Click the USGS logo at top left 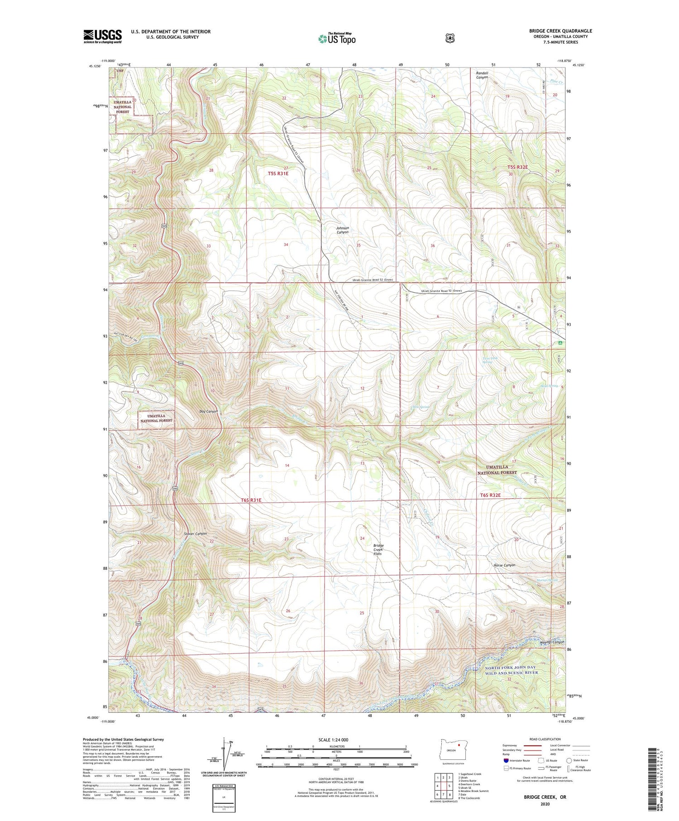(x=102, y=36)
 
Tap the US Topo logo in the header (x=337, y=38)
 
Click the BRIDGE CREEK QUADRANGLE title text (x=560, y=31)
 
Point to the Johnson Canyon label (x=342, y=230)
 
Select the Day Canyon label (x=209, y=411)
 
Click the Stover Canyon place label (x=196, y=533)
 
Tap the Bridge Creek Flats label (x=378, y=549)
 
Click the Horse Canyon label (x=504, y=565)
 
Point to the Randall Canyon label (x=482, y=75)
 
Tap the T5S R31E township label (x=278, y=173)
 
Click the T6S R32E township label (x=490, y=495)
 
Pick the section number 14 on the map (x=287, y=466)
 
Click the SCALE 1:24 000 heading (x=333, y=739)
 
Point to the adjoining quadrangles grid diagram (x=443, y=786)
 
